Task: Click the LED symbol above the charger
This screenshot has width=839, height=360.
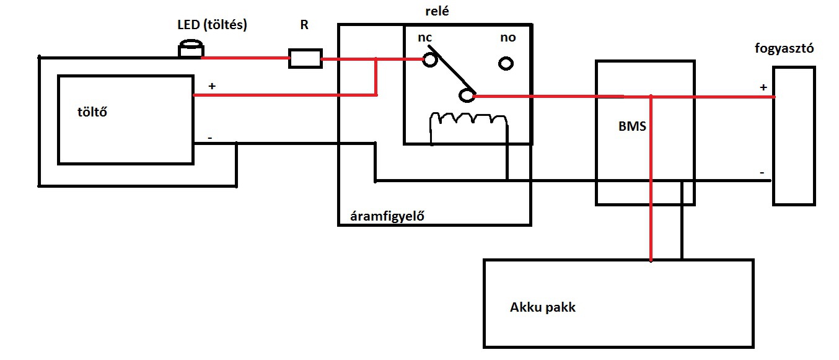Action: [191, 50]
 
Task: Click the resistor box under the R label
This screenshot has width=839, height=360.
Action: [305, 59]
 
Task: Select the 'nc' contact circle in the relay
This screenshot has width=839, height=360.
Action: [430, 60]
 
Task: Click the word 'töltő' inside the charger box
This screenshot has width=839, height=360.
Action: [89, 113]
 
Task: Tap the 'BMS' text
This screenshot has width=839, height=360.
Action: [632, 126]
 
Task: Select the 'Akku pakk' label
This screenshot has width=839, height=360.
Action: [542, 307]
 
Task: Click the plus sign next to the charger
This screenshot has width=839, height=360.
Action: [212, 86]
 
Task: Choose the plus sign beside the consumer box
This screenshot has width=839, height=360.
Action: [763, 88]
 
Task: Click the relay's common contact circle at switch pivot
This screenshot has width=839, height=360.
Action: [467, 95]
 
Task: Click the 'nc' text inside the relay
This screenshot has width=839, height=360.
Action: [425, 38]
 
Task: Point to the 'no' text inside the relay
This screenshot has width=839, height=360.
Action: [507, 38]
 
